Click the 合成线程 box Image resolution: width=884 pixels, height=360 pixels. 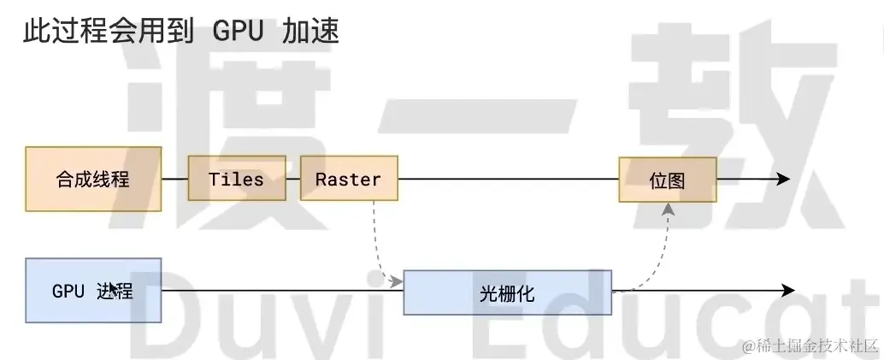pyautogui.click(x=93, y=180)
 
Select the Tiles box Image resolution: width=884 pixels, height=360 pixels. pyautogui.click(x=237, y=179)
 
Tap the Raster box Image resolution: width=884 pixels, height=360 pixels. pyautogui.click(x=348, y=179)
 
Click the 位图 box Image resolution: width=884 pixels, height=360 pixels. pyautogui.click(x=667, y=180)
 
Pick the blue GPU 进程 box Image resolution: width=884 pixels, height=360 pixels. pyautogui.click(x=93, y=291)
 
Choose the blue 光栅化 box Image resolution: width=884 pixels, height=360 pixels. pyautogui.click(x=507, y=292)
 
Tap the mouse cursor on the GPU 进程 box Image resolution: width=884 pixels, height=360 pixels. pyautogui.click(x=114, y=288)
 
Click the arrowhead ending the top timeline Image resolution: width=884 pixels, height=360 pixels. pyautogui.click(x=781, y=179)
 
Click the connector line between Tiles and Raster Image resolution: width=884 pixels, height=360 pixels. pyautogui.click(x=293, y=179)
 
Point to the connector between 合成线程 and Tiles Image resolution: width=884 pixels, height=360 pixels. pyautogui.click(x=174, y=179)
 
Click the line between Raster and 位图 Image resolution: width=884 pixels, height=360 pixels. pyautogui.click(x=509, y=179)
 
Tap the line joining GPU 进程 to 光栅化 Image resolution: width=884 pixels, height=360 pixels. pyautogui.click(x=282, y=291)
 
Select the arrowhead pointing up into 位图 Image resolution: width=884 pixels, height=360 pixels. pyautogui.click(x=668, y=208)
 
